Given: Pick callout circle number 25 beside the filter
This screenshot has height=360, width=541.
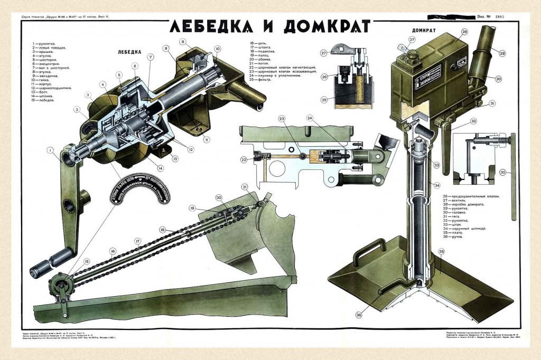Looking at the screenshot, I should [x=324, y=99].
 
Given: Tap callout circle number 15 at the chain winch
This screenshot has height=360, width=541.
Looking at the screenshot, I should [x=87, y=261].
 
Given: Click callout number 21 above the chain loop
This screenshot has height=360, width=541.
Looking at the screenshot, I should [x=244, y=187].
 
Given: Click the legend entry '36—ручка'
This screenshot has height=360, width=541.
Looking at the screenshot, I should [x=453, y=236].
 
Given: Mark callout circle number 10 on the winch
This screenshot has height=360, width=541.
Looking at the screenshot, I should [x=217, y=49].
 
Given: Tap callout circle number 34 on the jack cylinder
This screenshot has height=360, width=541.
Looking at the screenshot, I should [x=437, y=185].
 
